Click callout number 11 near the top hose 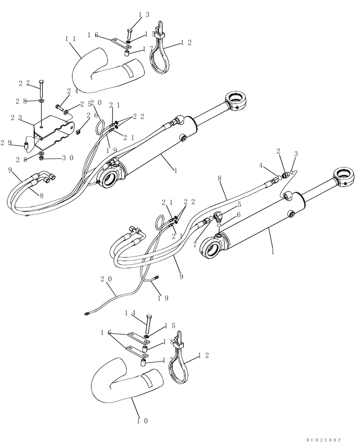[70, 39]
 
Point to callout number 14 [129, 313]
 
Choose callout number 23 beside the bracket [17, 118]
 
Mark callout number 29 [6, 142]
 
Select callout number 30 [67, 158]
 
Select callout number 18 [167, 342]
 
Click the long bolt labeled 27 [41, 90]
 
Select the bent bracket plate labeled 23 [53, 131]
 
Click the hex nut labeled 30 [41, 158]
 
